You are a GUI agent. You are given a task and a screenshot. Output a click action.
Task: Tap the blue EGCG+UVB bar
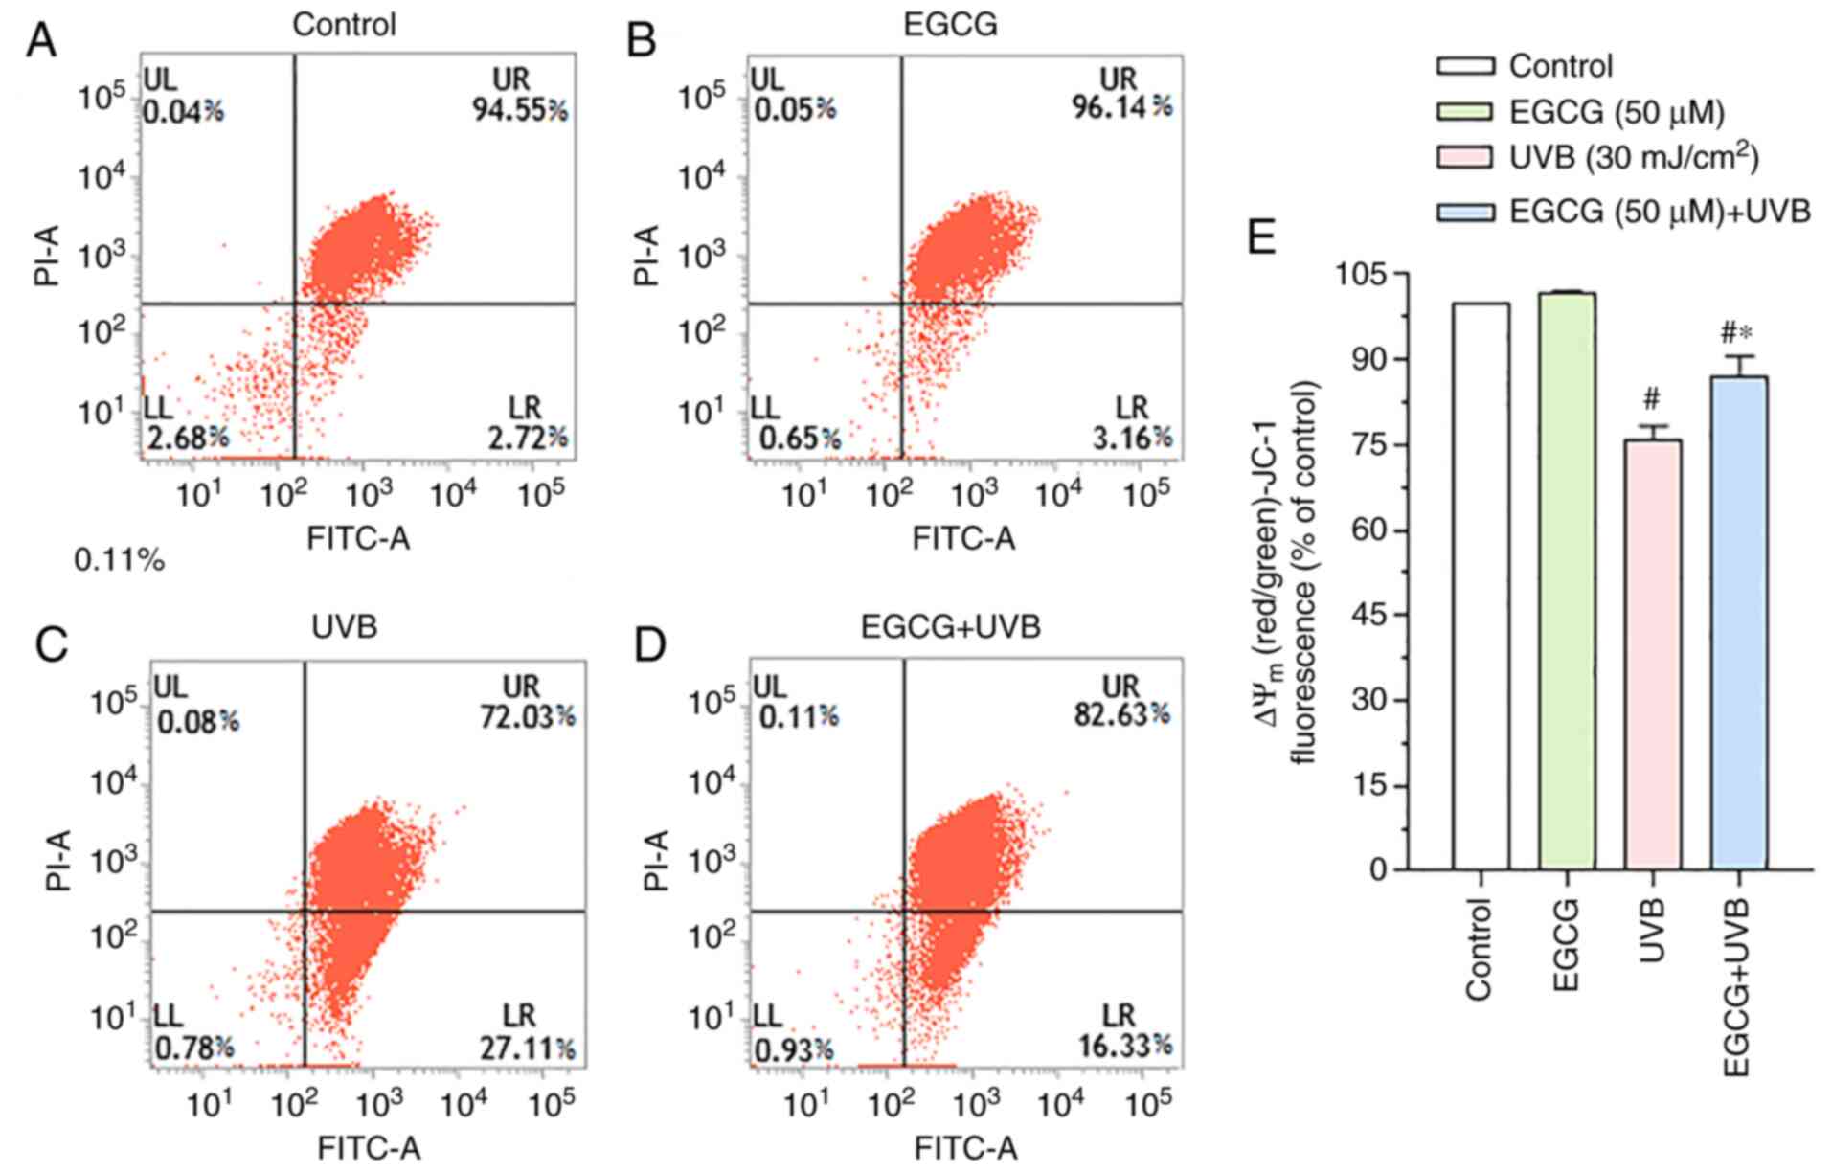pyautogui.click(x=1738, y=622)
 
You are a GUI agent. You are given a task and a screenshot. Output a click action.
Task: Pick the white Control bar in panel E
pyautogui.click(x=1481, y=586)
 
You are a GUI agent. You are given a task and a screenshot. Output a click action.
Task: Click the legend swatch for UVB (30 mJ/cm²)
pyautogui.click(x=1464, y=157)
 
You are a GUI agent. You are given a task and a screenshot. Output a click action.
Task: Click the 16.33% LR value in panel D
pyautogui.click(x=1125, y=1046)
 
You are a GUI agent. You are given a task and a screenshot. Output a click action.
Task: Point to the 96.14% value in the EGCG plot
pyautogui.click(x=1121, y=107)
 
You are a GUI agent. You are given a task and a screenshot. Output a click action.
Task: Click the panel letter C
pyautogui.click(x=51, y=645)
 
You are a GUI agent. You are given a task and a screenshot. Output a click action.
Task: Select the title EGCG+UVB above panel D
pyautogui.click(x=950, y=627)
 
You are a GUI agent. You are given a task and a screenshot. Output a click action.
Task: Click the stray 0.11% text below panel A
pyautogui.click(x=120, y=560)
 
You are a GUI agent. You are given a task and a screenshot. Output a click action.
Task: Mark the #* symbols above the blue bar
pyautogui.click(x=1736, y=333)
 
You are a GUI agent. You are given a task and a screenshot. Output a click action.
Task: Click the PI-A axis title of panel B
pyautogui.click(x=647, y=256)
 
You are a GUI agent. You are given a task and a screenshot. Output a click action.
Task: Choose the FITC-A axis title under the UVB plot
pyautogui.click(x=369, y=1147)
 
